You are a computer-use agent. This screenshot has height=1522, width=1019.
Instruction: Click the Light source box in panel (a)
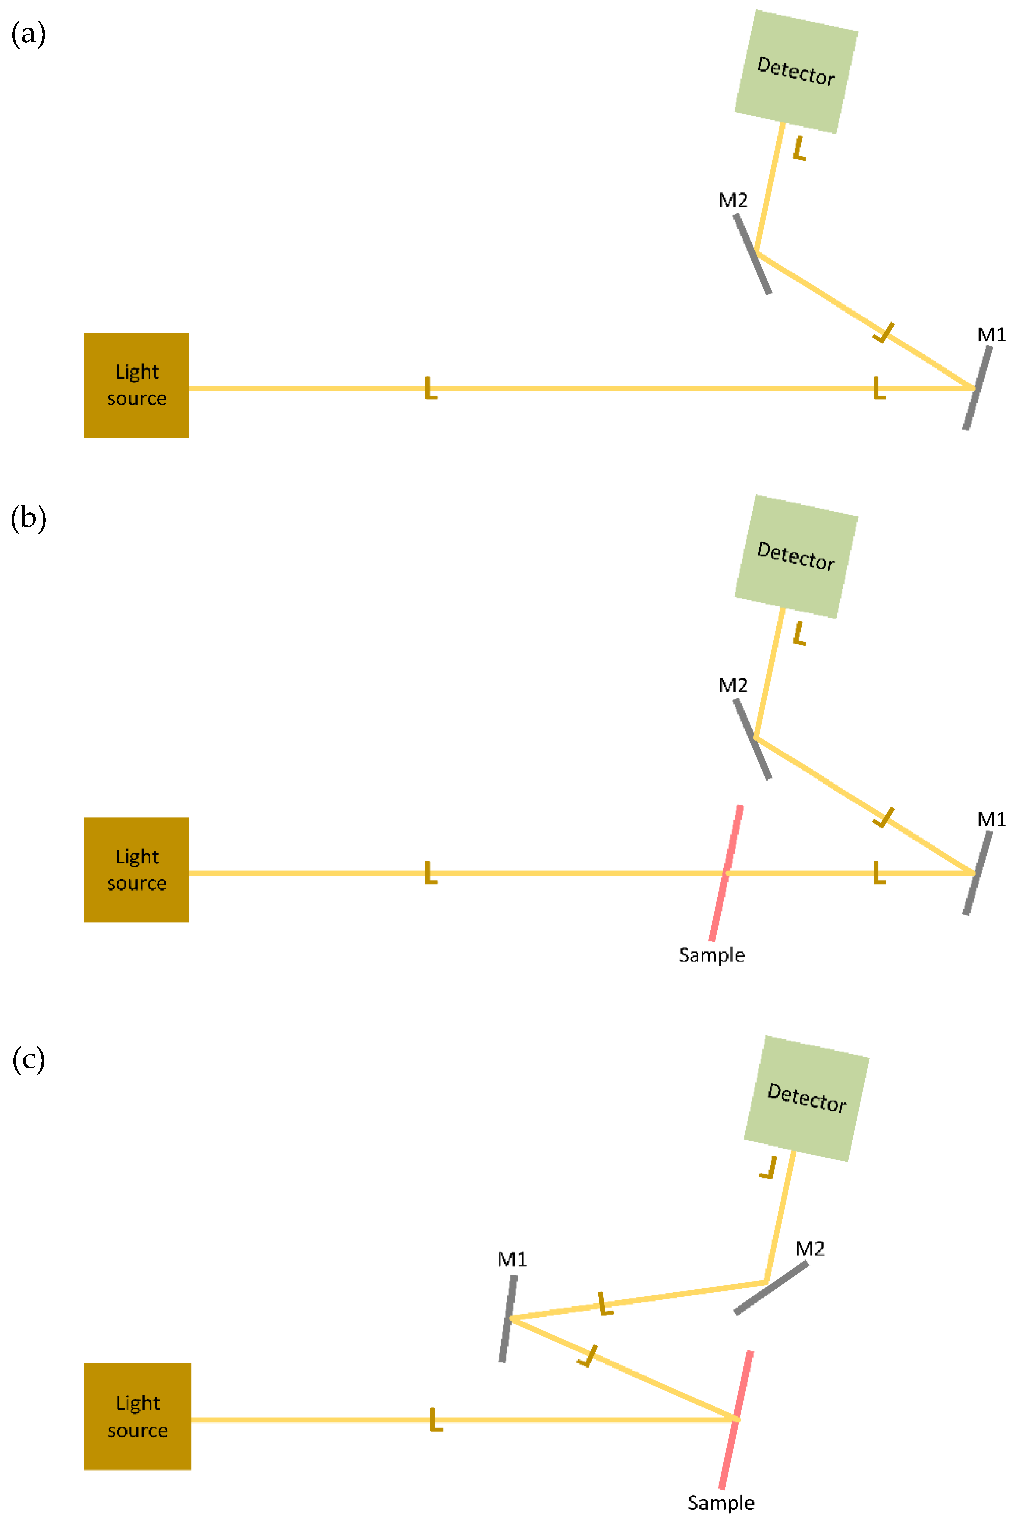136,385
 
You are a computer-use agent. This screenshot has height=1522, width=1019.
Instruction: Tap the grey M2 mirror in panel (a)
752,254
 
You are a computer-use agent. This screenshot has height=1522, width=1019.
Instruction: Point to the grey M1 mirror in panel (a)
977,388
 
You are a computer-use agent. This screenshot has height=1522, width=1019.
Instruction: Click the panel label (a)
29,34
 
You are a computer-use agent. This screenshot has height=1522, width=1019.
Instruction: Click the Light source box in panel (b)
136,870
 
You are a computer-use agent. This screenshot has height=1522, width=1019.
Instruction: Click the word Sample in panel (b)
712,955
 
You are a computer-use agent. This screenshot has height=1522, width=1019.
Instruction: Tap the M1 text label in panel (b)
991,819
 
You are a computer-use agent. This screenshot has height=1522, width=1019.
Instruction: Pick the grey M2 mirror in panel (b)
752,738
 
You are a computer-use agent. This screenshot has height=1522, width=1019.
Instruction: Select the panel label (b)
29,519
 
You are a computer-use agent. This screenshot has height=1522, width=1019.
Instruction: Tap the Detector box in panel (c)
806,1098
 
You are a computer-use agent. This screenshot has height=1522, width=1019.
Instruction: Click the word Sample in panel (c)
721,1503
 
